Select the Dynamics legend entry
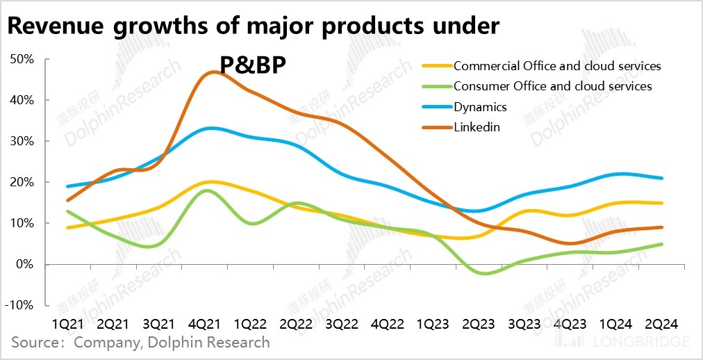pos(480,107)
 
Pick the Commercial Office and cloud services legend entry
pos(556,66)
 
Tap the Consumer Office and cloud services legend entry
pos(552,86)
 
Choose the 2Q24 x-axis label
pos(661,325)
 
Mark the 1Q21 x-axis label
pos(69,325)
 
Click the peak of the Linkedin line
pos(213,72)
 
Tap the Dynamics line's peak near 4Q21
pos(211,128)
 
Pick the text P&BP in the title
pos(254,65)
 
